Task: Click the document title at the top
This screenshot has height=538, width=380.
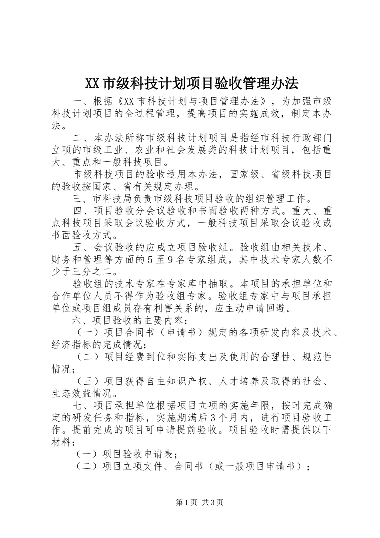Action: point(192,84)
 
